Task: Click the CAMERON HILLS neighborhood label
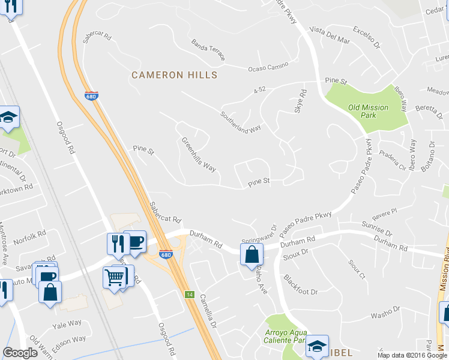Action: (x=174, y=75)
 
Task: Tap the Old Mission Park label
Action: (x=368, y=112)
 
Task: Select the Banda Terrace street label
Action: (x=208, y=50)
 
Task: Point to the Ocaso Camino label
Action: (x=270, y=66)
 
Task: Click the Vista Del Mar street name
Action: (x=330, y=35)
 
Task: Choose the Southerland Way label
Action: (x=240, y=121)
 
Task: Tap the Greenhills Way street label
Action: (x=199, y=154)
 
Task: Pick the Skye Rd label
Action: (x=303, y=101)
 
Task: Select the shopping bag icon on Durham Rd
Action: (x=252, y=254)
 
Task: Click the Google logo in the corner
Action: (x=20, y=353)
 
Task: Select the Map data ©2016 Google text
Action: (x=412, y=355)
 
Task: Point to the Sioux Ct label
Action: (x=356, y=269)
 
